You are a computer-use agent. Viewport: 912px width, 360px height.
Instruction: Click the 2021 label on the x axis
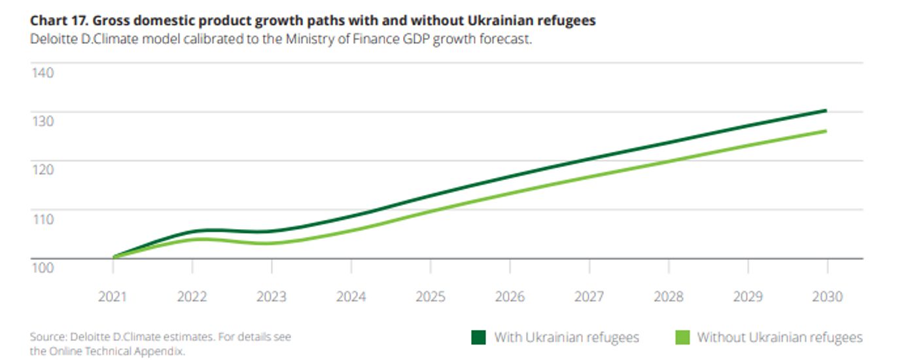pos(113,297)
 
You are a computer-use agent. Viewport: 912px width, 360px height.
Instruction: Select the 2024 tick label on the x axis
pos(351,297)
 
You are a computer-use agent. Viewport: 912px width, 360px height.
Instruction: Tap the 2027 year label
pos(589,297)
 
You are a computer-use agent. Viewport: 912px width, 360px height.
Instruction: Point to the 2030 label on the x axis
pos(828,297)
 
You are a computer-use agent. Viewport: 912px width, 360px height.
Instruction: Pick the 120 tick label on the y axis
pos(42,170)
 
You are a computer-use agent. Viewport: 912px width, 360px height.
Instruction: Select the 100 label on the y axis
pos(42,267)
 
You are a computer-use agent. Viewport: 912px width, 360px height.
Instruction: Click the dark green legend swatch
pos(479,338)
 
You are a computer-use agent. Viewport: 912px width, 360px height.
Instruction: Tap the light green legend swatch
pos(682,338)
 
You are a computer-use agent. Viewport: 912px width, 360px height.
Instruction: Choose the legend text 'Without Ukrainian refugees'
pos(779,338)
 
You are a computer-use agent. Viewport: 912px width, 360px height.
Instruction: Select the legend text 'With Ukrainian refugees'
pos(567,338)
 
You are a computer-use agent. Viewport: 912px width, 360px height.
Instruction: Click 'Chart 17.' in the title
pos(54,21)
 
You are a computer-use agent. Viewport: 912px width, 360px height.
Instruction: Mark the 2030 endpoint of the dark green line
pos(826,111)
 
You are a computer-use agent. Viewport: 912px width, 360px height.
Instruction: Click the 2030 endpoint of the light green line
pos(826,131)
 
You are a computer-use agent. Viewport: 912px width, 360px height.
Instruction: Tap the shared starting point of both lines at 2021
pos(114,257)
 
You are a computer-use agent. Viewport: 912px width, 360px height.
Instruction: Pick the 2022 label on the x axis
pos(192,297)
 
